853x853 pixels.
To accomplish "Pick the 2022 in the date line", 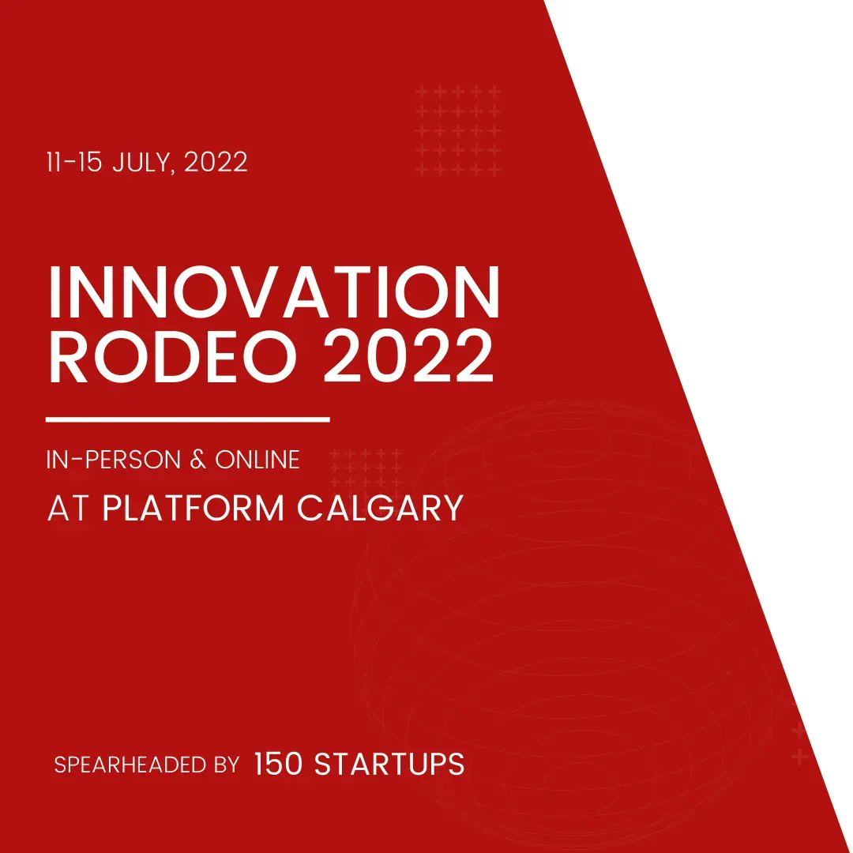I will (216, 163).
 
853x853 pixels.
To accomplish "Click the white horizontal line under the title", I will (188, 419).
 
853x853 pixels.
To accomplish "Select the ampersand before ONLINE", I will (197, 460).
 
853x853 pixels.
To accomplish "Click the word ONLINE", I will (257, 460).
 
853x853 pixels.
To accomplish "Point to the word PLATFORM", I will (193, 509).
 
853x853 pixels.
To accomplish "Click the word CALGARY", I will (380, 509).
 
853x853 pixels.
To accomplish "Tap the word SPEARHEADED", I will (129, 765).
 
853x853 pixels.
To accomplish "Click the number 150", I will (278, 764).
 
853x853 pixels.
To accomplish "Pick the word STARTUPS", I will (389, 764).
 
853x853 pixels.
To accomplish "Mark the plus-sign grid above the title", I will (458, 130).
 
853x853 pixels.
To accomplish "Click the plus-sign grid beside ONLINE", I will (365, 470).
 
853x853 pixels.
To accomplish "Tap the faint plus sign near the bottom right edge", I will (799, 757).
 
